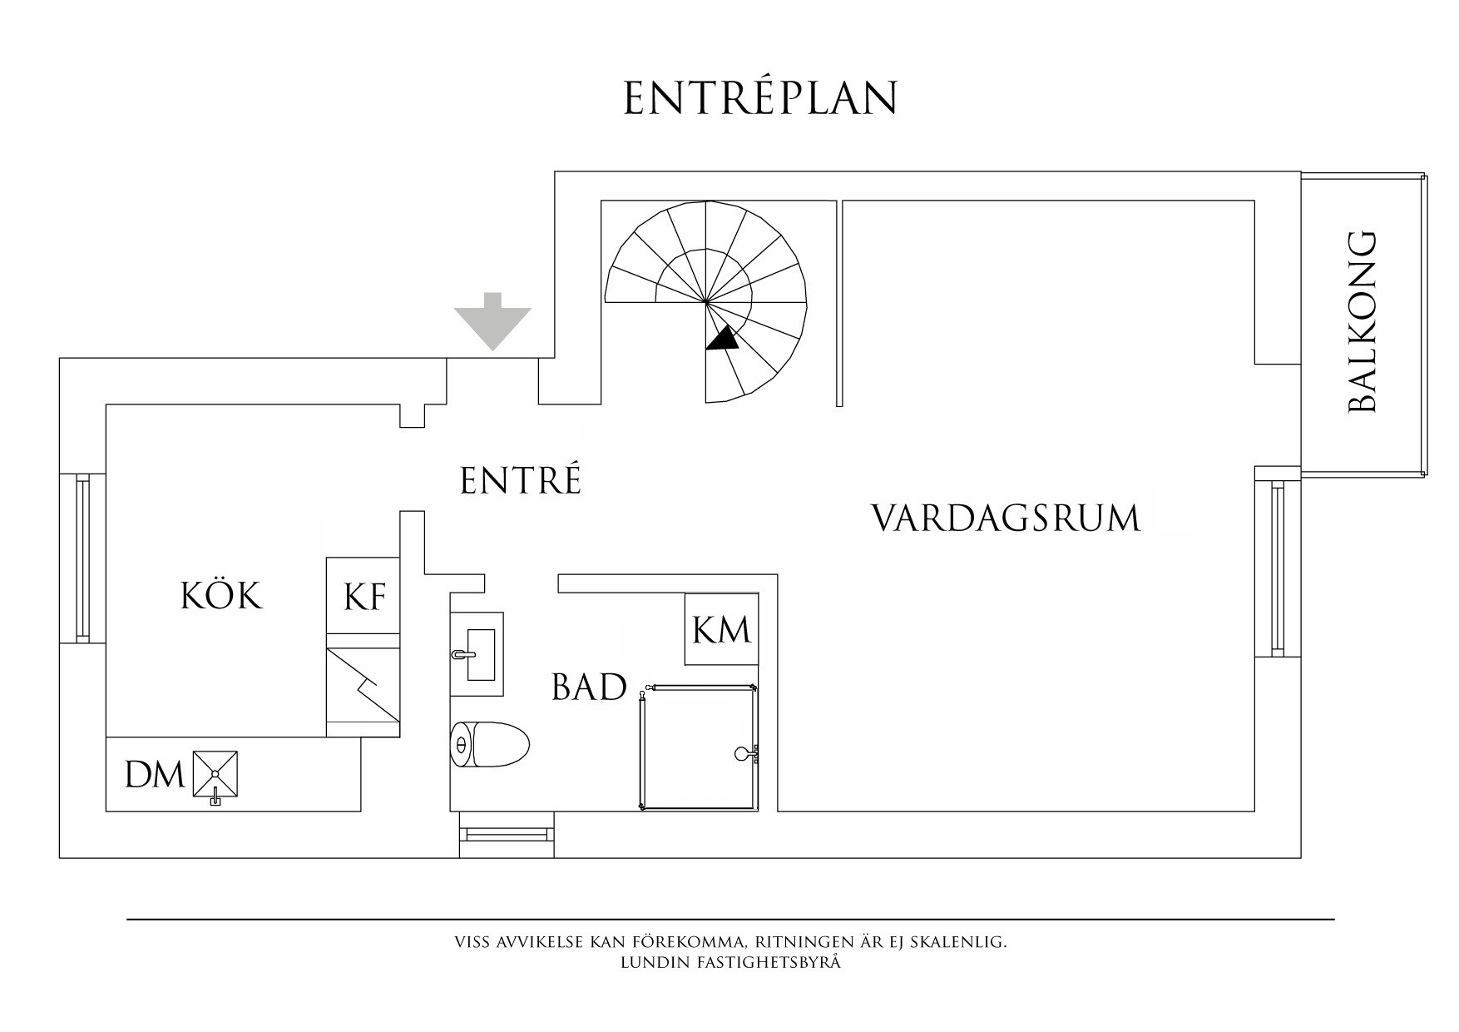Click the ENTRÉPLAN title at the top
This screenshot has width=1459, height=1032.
point(760,98)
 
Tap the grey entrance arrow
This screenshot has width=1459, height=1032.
point(492,322)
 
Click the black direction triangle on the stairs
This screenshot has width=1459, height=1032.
point(723,337)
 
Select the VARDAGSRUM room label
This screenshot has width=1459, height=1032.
point(1005,518)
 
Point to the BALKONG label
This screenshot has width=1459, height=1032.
point(1362,322)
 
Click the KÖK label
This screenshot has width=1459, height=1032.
point(221,596)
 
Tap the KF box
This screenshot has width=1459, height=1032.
point(364,595)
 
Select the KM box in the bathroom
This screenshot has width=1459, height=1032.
point(721,629)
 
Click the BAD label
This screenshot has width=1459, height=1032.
point(589,688)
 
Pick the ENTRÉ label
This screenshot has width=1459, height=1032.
point(521,481)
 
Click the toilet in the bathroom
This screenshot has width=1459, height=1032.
point(491,743)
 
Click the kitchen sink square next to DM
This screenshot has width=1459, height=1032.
point(215,775)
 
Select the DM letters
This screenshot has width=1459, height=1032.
point(154,776)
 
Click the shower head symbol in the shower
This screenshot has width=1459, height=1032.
point(743,754)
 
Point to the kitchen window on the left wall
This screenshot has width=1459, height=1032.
point(82,558)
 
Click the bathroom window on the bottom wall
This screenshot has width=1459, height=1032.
point(507,833)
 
